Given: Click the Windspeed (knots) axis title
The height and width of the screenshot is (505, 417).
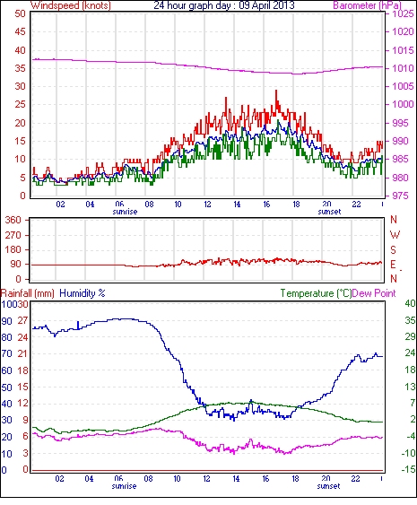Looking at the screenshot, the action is pos(71,5).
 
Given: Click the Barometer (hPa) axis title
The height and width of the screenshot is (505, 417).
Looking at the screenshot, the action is pos(368,5).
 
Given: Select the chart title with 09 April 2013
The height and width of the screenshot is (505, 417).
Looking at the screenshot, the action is pos(224,5).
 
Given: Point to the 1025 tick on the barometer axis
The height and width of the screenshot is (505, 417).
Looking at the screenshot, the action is pos(403,13).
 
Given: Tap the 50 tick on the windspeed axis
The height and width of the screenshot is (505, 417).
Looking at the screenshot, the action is pos(20,13).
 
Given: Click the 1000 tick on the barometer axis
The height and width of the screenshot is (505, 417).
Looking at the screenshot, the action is pos(403,104).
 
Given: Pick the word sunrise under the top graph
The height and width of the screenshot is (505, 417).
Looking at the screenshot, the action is pos(125,212).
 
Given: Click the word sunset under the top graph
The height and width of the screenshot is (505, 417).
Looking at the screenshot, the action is pos(329,212).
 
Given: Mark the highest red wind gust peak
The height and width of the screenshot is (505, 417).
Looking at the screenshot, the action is pos(276,91).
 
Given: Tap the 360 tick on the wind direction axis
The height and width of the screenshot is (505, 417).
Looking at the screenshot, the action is pos(13,221).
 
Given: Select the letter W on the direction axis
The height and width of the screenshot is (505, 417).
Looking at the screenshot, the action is pos(395,235).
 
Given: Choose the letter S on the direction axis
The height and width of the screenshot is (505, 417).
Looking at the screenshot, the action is pos(393,249).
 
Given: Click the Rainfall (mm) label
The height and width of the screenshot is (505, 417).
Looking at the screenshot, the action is pos(28,293).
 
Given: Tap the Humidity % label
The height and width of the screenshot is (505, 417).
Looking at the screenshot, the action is pos(83,293).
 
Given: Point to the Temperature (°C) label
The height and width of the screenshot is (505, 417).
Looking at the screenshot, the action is pos(316,293).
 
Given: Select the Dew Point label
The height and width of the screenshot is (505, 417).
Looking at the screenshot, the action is pos(374,293).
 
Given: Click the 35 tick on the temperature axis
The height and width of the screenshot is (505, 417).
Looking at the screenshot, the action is pos(410,320).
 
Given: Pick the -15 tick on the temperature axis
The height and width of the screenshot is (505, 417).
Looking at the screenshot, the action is pos(408,470).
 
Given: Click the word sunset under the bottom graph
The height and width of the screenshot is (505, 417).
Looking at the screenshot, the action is pos(328,485).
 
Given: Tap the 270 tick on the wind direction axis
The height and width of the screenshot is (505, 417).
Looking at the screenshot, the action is pos(13,235).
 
